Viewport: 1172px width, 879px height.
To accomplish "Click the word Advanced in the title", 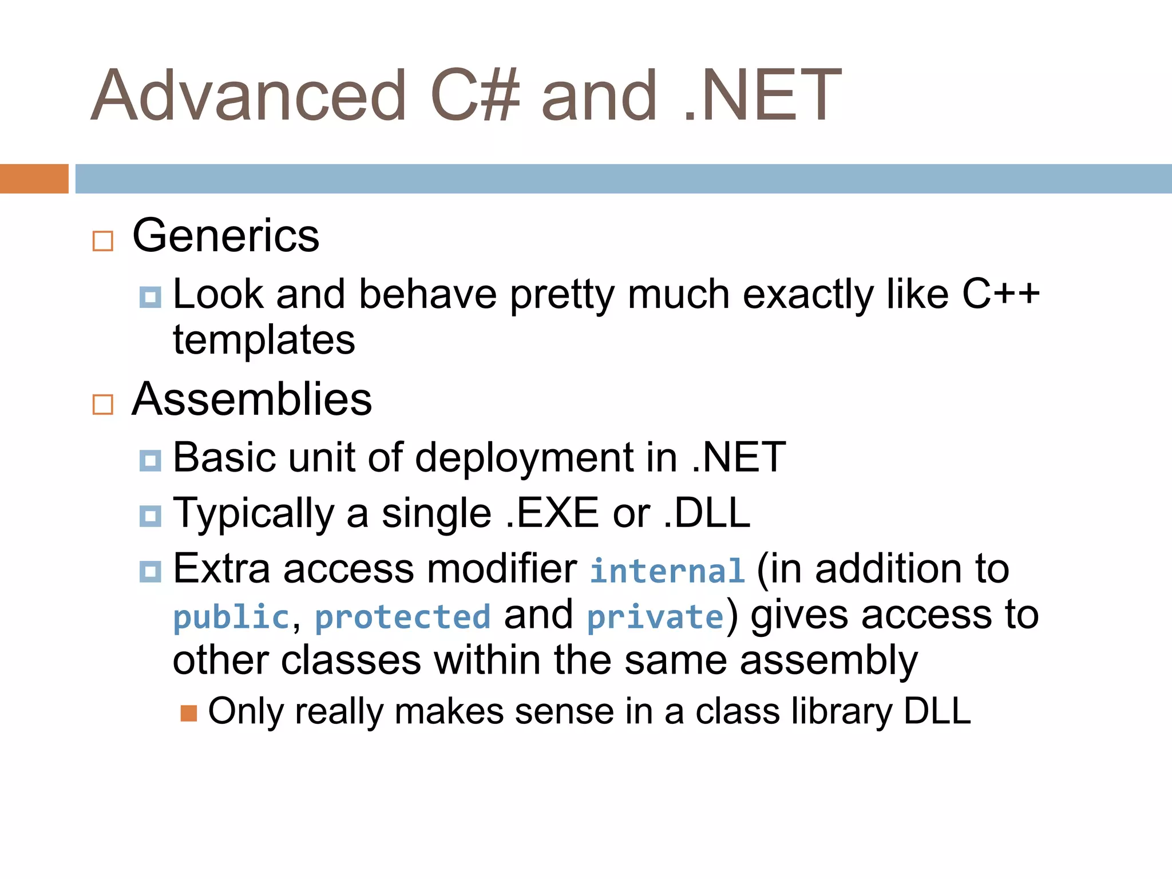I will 249,96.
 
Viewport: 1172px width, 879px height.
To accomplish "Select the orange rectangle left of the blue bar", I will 34,179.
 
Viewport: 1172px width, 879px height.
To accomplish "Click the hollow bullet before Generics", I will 103,241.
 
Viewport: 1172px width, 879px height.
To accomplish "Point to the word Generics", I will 225,236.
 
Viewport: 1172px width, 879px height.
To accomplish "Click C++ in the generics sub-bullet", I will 1000,294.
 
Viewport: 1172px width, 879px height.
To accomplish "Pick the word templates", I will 264,340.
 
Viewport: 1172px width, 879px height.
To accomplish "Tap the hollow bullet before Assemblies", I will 103,405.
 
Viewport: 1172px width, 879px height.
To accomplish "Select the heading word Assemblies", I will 252,399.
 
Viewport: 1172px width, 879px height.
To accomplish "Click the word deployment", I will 524,458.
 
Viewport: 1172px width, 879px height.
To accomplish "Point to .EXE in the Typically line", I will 553,513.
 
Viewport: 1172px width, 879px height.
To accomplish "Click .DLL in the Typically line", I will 707,513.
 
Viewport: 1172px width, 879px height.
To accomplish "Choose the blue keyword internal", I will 667,571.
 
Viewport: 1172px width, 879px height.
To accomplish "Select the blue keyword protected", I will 403,617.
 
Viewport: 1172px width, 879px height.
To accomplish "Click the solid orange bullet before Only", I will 189,713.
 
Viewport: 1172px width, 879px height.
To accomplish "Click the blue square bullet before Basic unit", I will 151,460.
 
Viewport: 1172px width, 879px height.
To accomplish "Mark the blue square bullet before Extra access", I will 151,571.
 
